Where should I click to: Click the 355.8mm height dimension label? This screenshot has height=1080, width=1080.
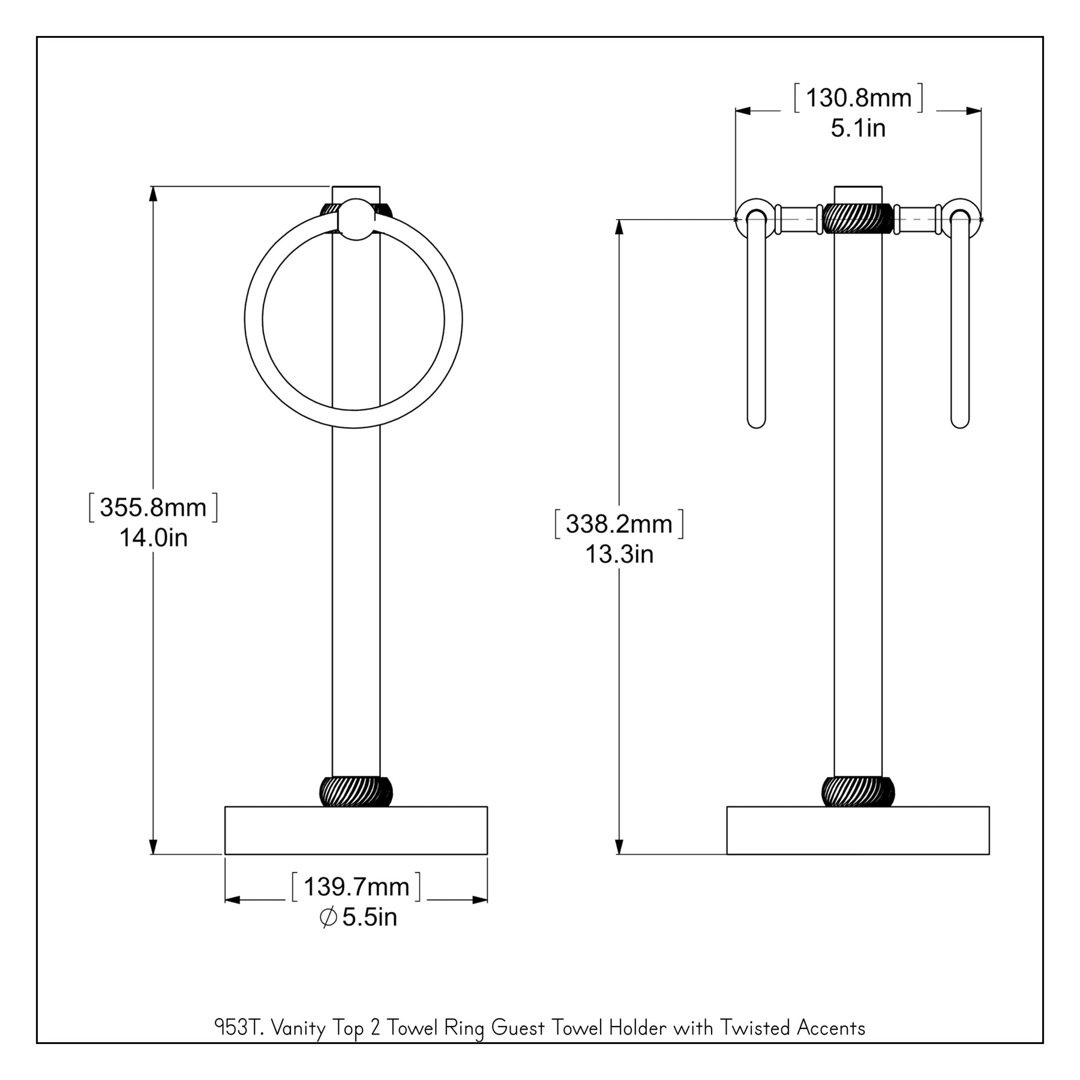point(153,508)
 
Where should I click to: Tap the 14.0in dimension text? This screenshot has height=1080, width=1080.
point(154,538)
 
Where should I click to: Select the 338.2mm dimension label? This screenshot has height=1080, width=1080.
point(619,524)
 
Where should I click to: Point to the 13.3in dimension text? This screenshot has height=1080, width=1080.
point(619,554)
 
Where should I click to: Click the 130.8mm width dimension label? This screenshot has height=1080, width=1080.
point(859,98)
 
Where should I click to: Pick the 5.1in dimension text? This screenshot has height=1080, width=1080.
point(858,128)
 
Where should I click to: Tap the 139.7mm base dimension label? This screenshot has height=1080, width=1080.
point(356,887)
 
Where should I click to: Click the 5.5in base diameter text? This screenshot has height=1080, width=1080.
point(370,917)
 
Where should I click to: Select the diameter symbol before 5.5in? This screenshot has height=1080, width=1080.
point(328,917)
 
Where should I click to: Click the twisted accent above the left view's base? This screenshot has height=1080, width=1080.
point(356,791)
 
